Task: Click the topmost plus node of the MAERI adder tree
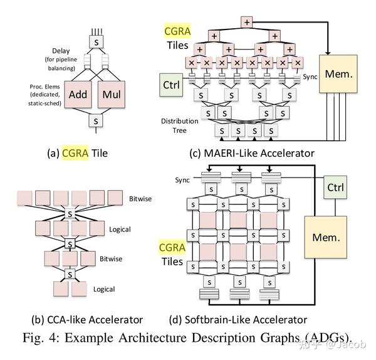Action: click(x=246, y=23)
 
